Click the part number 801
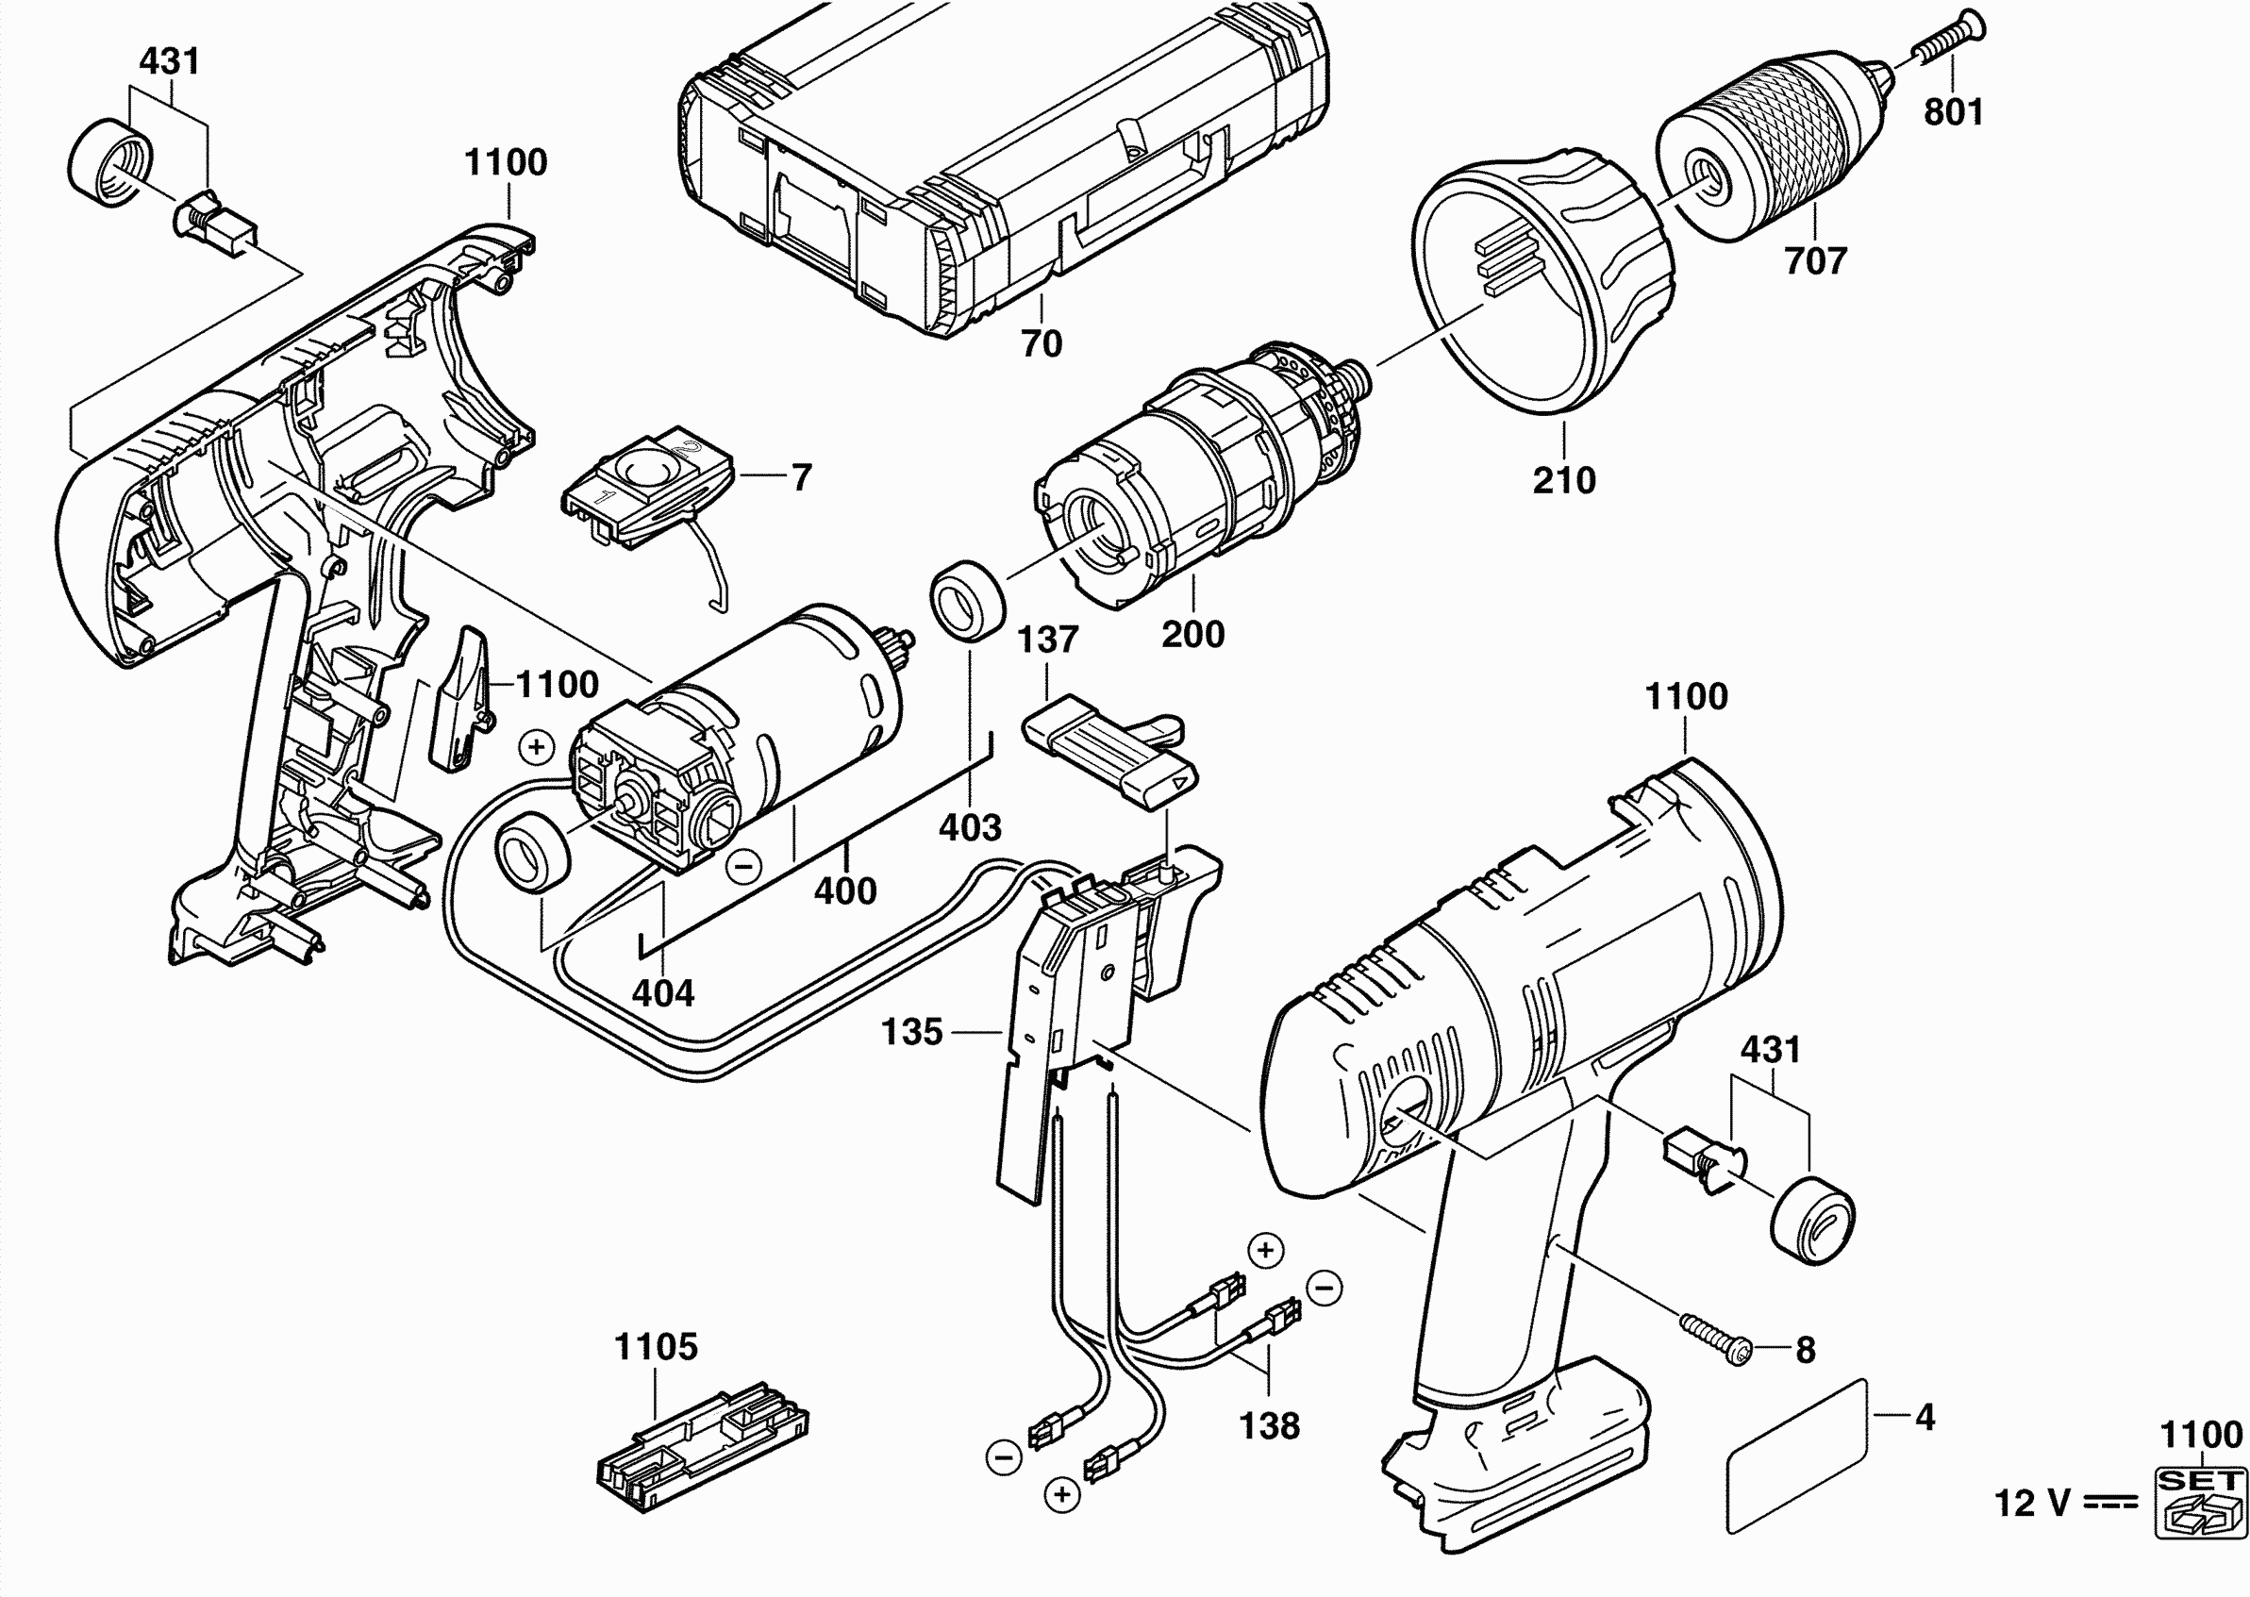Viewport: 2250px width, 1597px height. coord(1953,111)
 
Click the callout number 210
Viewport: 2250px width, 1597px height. coord(1563,481)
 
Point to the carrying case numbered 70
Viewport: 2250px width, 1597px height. coord(1003,167)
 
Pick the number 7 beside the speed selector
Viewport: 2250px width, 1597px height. coord(802,478)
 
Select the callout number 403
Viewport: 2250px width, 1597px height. coord(970,828)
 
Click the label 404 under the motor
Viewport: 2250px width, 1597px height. coord(663,993)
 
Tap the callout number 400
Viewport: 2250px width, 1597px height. coord(844,890)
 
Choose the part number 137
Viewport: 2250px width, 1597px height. coord(1047,640)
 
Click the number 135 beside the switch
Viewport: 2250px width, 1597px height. coord(911,1032)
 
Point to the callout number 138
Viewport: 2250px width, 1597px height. coord(1269,1426)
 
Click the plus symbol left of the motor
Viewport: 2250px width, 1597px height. coord(537,747)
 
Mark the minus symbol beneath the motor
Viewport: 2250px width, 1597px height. coord(744,865)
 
